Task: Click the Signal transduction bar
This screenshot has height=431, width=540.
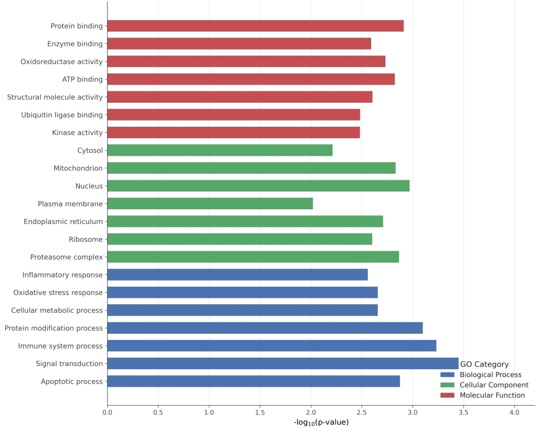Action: [283, 363]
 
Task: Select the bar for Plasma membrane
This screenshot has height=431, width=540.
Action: [210, 204]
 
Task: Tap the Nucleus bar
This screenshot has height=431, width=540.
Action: [258, 186]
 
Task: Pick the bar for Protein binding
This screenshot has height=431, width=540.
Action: [255, 26]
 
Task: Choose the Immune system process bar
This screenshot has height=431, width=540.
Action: [272, 346]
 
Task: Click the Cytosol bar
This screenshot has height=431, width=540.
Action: [220, 150]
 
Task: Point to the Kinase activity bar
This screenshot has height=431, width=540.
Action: [233, 132]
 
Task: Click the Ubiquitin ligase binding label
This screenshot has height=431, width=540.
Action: [62, 115]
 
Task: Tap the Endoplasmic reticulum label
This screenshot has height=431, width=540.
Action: [63, 221]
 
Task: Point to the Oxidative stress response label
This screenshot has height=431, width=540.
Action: [58, 292]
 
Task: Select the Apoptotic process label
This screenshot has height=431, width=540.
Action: [72, 381]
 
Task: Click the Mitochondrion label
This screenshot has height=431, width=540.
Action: [78, 168]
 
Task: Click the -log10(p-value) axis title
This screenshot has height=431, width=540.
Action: [321, 422]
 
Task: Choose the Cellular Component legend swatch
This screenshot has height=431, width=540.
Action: [447, 385]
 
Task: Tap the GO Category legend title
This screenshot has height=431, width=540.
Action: [484, 364]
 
